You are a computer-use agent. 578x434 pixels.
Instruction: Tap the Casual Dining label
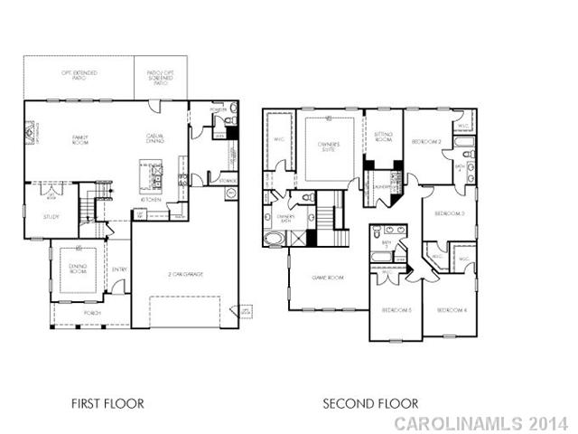(155, 138)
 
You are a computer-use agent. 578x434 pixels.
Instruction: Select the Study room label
(51, 217)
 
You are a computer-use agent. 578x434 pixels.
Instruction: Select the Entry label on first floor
(119, 269)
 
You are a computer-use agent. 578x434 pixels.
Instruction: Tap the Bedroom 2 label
(425, 142)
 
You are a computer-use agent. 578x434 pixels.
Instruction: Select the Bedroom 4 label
(451, 310)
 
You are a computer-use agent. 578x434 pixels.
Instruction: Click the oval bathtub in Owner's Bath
(273, 240)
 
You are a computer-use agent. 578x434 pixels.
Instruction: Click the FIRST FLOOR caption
(107, 403)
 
